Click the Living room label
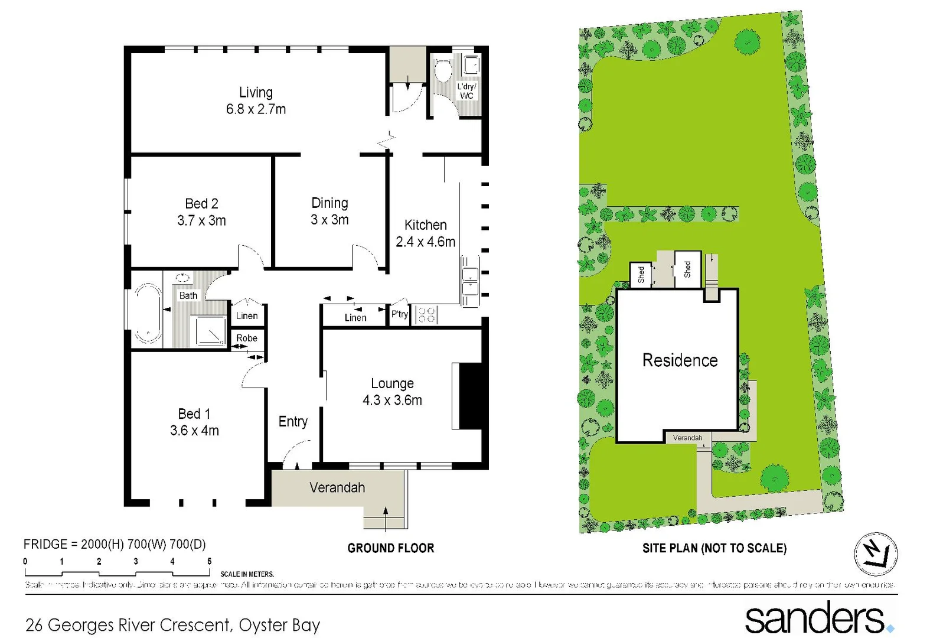tap(256, 93)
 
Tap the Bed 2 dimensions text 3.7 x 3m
tap(201, 221)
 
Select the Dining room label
tap(329, 203)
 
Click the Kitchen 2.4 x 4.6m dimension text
tap(425, 242)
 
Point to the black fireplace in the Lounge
tap(472, 396)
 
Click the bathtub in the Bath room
tap(147, 314)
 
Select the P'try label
tap(400, 314)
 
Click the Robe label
tap(247, 338)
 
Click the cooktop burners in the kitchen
tap(426, 314)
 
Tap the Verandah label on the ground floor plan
tap(337, 487)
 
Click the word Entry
tap(293, 421)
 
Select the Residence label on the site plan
tap(680, 360)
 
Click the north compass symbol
tap(876, 554)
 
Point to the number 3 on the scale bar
tap(136, 561)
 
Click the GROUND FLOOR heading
tap(390, 548)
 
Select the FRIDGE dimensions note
tap(115, 544)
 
